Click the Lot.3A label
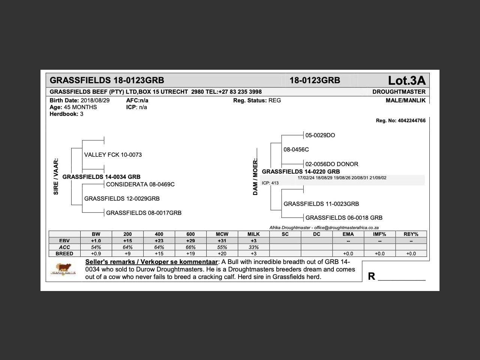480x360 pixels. pos(406,80)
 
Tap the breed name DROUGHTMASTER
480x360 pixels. pos(399,92)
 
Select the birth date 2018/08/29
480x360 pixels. pos(95,100)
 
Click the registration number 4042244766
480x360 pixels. pos(411,121)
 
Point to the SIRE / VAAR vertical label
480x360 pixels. pos(56,176)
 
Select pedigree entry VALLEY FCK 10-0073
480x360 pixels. pos(113,155)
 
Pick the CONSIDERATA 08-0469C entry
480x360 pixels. pos(140,184)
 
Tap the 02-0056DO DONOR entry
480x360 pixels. pos(331,164)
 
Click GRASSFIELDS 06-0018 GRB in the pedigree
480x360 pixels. pos(344,218)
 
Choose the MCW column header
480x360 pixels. pos(222,234)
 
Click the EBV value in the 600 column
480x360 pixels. pos(190,241)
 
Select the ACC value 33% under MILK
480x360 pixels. pos(253,247)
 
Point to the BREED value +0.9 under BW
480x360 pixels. pos(96,254)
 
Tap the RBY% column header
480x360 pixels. pos(411,234)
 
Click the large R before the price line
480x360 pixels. pos(371,276)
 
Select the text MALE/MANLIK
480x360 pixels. pos(405,100)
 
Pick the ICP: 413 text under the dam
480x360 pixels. pos(270,183)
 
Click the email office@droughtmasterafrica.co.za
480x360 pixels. pos(346,228)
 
